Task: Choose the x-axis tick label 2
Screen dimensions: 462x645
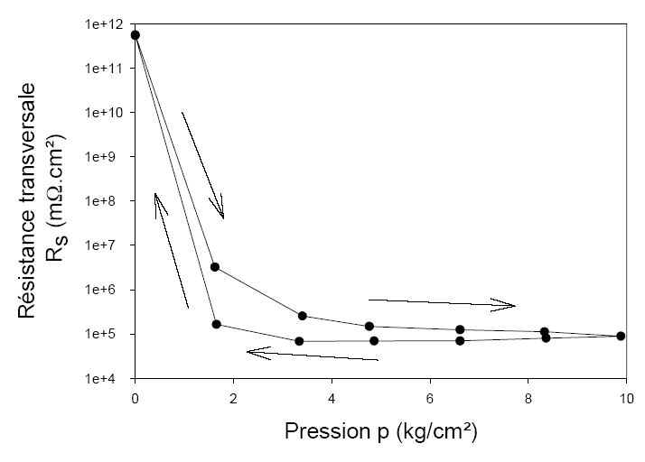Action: [x=233, y=398]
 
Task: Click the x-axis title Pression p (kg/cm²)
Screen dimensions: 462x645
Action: [x=380, y=431]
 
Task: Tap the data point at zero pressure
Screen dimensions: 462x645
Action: [x=136, y=35]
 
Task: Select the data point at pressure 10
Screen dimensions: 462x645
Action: [x=621, y=336]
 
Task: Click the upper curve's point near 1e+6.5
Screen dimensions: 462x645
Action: [x=215, y=267]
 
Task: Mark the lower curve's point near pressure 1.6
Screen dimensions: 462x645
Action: [x=217, y=324]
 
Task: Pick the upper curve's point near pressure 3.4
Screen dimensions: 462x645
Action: [x=303, y=316]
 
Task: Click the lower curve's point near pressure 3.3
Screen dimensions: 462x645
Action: [x=299, y=341]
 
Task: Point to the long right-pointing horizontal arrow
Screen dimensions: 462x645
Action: [x=441, y=303]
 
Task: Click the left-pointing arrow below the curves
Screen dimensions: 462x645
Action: [x=312, y=356]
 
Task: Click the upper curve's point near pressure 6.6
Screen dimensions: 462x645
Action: [x=460, y=329]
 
